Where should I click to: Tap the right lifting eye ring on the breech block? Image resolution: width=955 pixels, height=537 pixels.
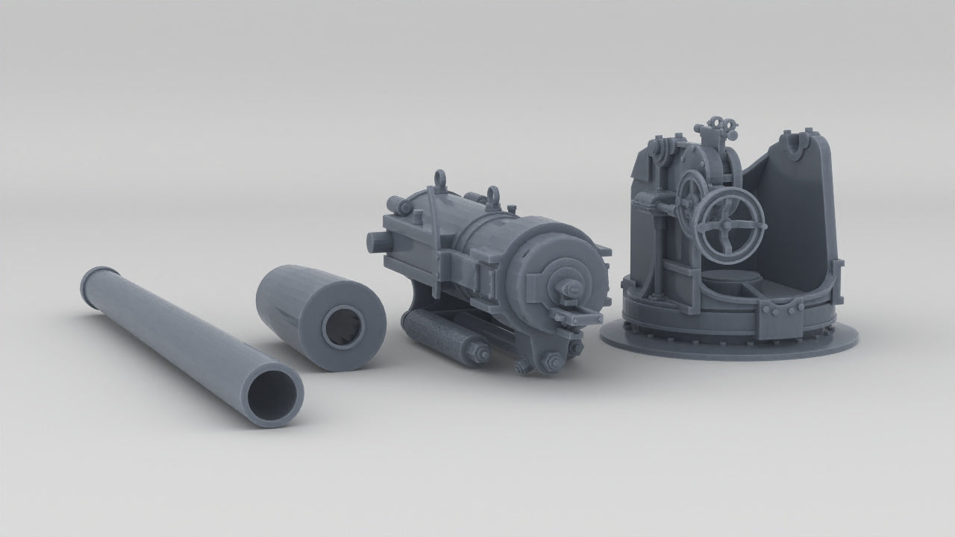click(x=493, y=195)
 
